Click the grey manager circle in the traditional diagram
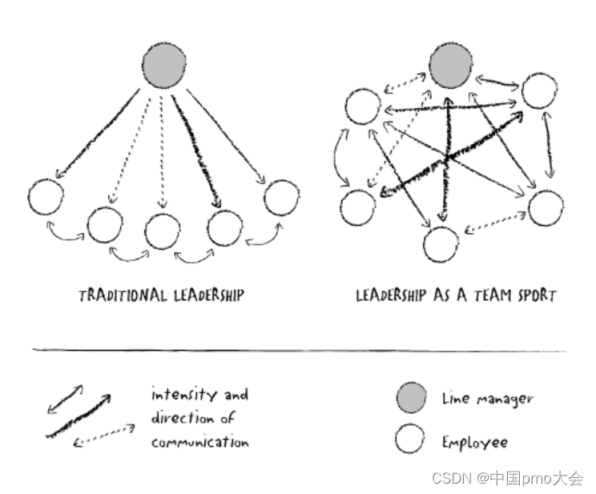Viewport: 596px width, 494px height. [165, 66]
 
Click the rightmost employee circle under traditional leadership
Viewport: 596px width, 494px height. [281, 198]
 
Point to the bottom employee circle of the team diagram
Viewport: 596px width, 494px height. [441, 244]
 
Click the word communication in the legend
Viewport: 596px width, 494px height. [199, 442]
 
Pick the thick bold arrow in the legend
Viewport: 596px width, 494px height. [79, 416]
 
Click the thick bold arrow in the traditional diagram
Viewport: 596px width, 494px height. [200, 152]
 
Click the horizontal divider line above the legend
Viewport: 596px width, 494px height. [298, 351]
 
